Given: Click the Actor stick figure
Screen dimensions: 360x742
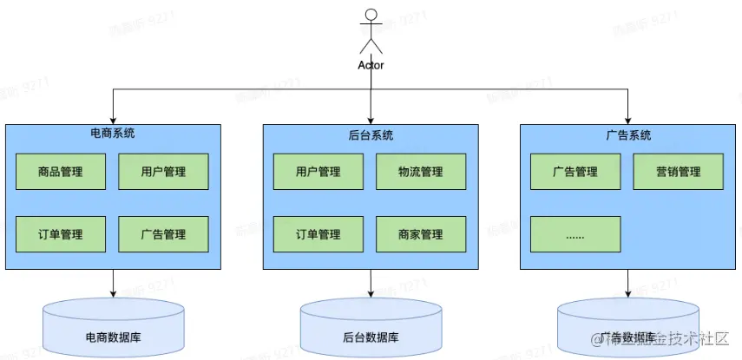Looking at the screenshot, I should coord(371,30).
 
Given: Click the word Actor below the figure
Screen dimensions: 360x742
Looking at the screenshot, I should coord(371,65).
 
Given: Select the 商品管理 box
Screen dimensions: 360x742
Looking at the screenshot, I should coord(61,172).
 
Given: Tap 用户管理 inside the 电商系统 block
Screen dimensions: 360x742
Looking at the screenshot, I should coord(163,172).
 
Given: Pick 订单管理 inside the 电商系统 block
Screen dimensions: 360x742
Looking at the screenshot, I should coord(61,234).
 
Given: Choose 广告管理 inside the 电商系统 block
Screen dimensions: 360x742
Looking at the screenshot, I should coord(163,234).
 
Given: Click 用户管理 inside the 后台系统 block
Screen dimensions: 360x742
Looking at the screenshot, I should coord(318,172).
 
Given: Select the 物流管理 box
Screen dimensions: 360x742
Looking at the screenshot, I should coord(420,172).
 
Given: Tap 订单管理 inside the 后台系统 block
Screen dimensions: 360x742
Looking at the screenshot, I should coord(318,234).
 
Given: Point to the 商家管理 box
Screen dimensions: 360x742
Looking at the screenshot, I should coord(420,234).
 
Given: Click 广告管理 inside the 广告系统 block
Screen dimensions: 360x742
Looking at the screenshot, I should coord(575,172).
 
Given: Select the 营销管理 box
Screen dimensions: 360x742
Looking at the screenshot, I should coord(678,172).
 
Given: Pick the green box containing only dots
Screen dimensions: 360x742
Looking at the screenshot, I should coord(575,234).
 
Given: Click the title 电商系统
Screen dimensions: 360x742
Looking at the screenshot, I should coord(113,134).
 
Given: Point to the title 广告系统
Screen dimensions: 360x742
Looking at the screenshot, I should coord(627,135).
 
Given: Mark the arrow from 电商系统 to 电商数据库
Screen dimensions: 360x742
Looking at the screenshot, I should coord(114,284).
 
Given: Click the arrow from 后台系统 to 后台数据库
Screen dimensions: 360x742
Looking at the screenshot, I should coord(371,284).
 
